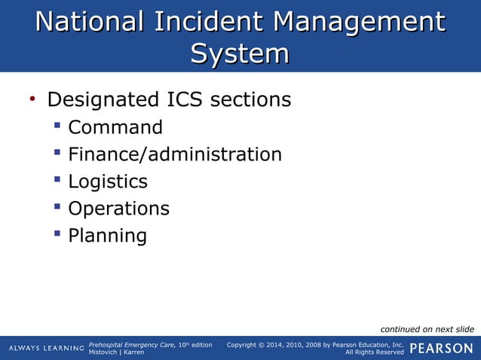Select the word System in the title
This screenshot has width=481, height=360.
[x=240, y=53]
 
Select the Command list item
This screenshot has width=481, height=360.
[x=115, y=127]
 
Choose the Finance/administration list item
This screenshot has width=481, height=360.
[x=175, y=154]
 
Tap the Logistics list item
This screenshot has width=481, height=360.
[x=108, y=182]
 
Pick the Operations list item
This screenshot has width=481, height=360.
[x=118, y=209]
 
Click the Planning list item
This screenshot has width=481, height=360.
[x=107, y=236]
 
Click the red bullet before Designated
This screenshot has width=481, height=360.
[x=32, y=99]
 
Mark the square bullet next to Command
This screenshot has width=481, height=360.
[x=57, y=126]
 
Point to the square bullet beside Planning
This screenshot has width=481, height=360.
[x=57, y=234]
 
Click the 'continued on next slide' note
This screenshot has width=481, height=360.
[x=427, y=329]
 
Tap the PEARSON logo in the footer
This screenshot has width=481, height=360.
[x=442, y=348]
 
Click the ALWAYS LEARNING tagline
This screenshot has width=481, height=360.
[x=46, y=348]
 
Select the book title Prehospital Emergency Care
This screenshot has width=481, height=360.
[x=132, y=344]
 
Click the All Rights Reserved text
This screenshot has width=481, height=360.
[x=374, y=352]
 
